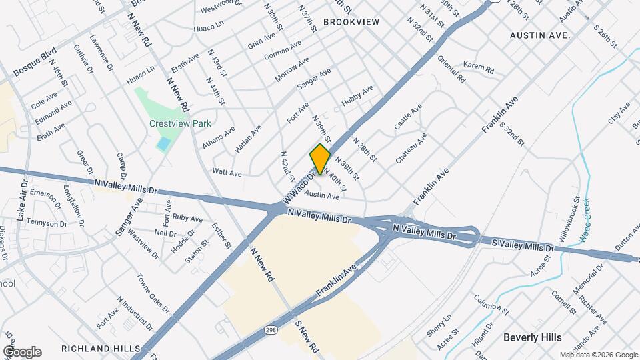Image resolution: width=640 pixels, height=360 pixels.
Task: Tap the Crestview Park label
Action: [180, 123]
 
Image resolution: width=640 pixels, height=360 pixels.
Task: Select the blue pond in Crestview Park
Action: [163, 143]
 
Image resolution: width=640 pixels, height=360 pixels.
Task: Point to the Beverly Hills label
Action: [532, 337]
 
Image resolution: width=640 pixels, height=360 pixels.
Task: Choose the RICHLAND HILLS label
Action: [101, 349]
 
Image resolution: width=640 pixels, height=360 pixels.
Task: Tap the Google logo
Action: [22, 351]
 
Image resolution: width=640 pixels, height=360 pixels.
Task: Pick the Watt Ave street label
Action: [226, 172]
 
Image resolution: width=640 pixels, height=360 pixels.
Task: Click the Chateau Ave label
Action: [411, 149]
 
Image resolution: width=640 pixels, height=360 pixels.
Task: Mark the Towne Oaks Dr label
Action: [152, 294]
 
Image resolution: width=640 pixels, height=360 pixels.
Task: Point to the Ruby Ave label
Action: [187, 218]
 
